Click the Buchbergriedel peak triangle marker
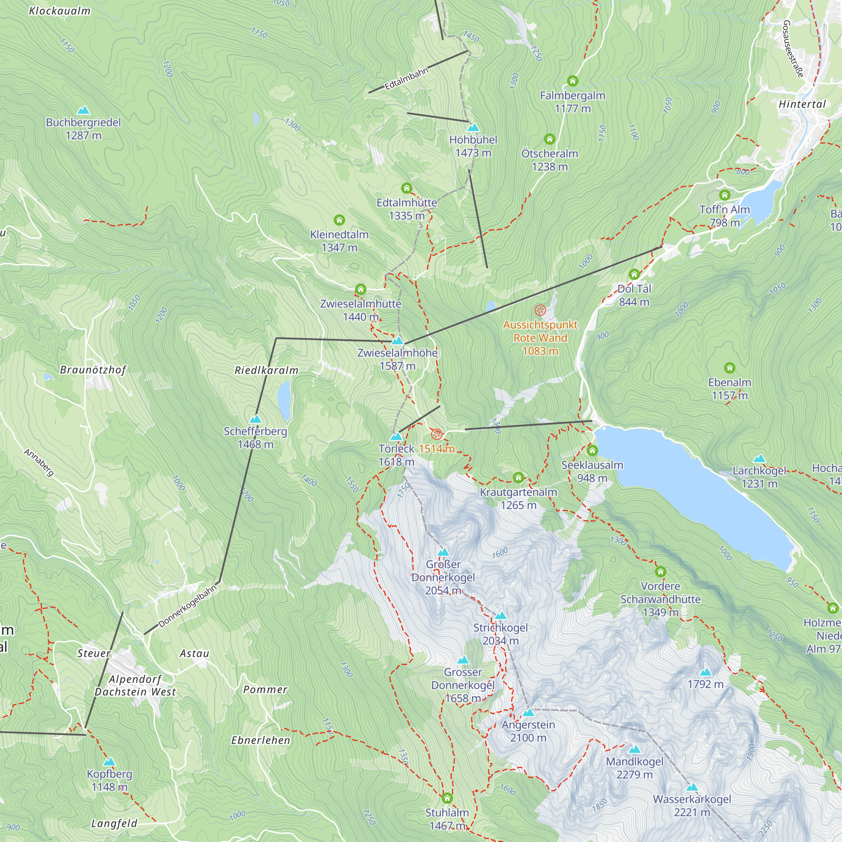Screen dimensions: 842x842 coord(83,110)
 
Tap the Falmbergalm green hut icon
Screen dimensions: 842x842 coord(572,81)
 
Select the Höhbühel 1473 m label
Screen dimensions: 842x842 coord(473,146)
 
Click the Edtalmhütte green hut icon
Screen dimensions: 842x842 coord(406,188)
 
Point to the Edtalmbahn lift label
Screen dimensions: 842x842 coord(406,79)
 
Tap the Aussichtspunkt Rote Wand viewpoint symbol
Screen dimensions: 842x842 coord(540,310)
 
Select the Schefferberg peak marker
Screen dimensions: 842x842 coord(255,419)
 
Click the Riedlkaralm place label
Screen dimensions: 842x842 coord(266,370)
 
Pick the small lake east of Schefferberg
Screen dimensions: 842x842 coord(284,400)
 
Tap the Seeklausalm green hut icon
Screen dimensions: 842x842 coord(592,450)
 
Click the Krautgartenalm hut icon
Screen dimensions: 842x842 coord(518,478)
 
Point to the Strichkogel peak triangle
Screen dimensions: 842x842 coord(500,616)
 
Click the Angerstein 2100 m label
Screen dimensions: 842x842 coord(528,731)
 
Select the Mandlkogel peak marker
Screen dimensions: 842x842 coord(634,750)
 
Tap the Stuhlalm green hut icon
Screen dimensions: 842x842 coord(447,798)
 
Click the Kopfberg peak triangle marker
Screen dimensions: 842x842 coord(109,762)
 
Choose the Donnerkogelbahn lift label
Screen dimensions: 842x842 coord(187,607)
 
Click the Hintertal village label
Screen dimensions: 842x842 coord(802,104)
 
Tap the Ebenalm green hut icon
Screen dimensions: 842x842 coord(730,368)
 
